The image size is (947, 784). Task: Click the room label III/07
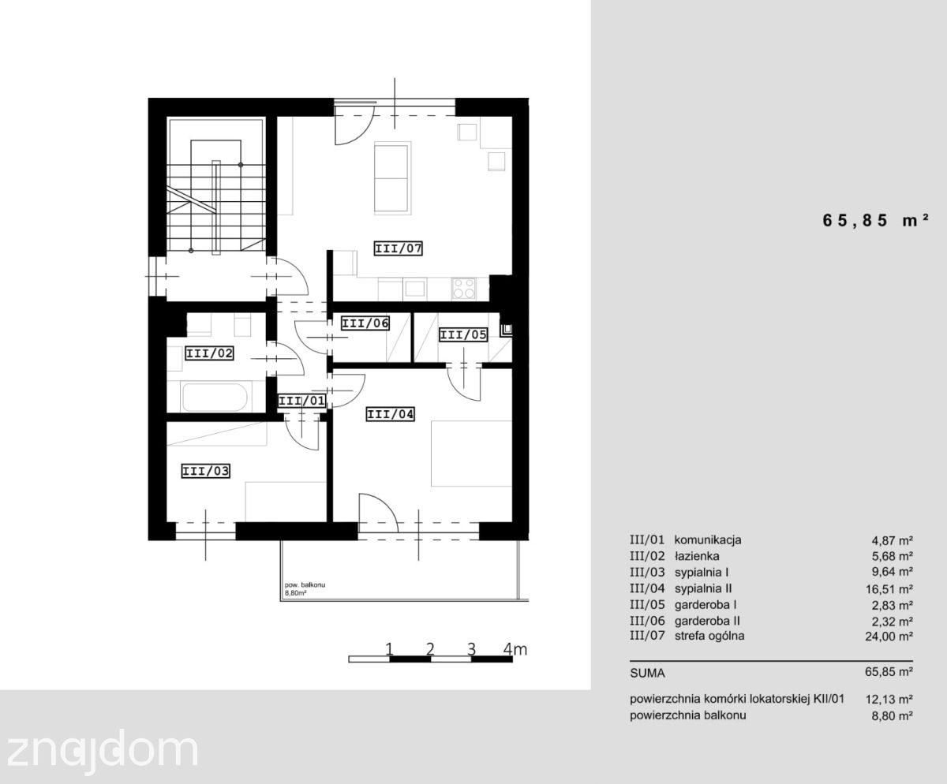tap(399, 248)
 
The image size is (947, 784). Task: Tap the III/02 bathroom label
tap(209, 353)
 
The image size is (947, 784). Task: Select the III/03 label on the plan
tap(205, 471)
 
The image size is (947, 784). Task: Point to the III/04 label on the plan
tap(390, 414)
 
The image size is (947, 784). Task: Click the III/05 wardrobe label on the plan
tap(463, 335)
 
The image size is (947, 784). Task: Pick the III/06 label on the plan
tap(365, 323)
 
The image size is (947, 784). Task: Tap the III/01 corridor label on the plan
tap(301, 401)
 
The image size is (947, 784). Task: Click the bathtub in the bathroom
tap(215, 398)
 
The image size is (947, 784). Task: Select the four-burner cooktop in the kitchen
tap(464, 289)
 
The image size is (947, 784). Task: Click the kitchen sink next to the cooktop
tap(415, 289)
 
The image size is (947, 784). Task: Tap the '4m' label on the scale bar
tap(515, 649)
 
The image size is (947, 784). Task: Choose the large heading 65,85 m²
tap(875, 220)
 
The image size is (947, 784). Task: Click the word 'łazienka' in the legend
tap(697, 556)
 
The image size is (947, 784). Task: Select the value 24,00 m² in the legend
tap(889, 637)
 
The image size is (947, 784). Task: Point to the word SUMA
tap(647, 674)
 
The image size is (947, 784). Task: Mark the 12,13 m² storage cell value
tap(889, 700)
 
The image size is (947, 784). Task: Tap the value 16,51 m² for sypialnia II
tap(889, 589)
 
